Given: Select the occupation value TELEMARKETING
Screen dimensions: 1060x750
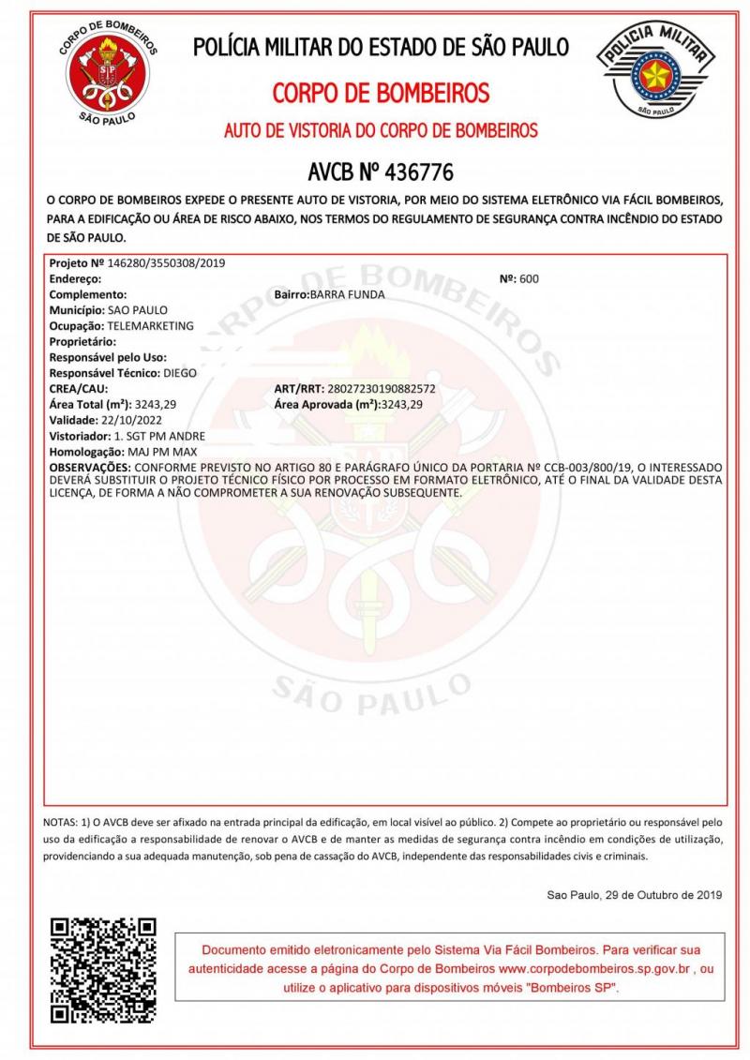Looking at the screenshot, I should click(x=151, y=325).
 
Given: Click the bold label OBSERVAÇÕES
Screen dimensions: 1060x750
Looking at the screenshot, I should click(x=90, y=466).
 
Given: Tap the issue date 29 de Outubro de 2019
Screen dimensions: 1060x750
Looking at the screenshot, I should click(x=655, y=895).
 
